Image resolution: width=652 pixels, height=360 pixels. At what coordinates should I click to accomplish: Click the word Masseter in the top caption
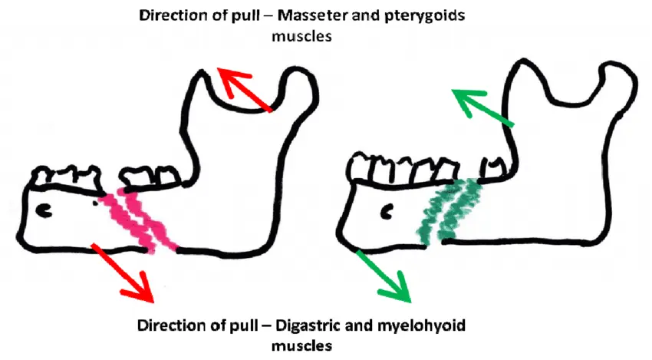pos(313,15)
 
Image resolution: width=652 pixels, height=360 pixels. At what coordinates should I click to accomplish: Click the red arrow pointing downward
pos(122,273)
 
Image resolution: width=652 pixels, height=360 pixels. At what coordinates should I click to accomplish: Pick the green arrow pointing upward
pos(482,107)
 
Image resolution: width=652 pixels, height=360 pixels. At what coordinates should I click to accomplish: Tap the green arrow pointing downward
pos(384,276)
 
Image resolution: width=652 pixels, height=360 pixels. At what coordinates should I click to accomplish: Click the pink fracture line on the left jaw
pos(140,220)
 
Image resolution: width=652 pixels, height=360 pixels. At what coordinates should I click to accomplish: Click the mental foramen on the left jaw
pos(45,210)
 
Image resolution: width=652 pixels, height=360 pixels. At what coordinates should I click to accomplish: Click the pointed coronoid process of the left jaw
pos(201,75)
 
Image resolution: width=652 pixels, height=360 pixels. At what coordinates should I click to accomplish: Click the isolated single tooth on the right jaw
pos(493,168)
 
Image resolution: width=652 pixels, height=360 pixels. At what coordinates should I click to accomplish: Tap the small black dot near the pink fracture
pos(95,203)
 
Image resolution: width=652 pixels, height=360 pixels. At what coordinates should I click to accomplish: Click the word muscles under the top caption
pos(302,36)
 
